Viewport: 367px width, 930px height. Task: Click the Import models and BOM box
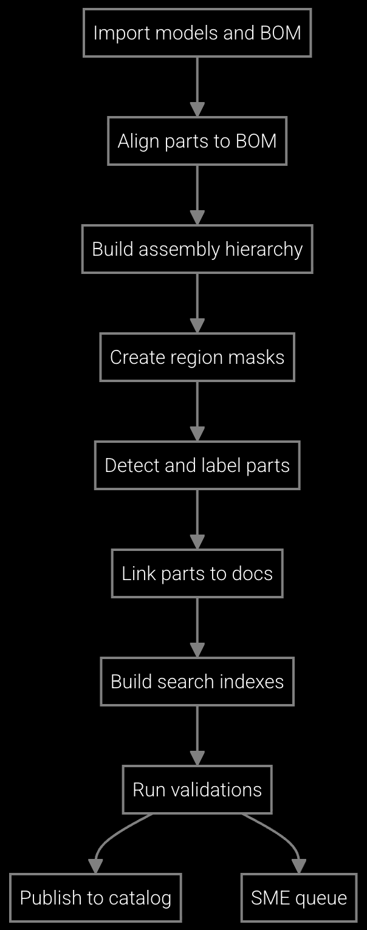pyautogui.click(x=197, y=33)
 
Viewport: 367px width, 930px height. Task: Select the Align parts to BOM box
pyautogui.click(x=197, y=141)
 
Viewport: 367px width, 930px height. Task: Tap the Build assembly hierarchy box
pyautogui.click(x=197, y=249)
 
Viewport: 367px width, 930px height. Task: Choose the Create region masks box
pyautogui.click(x=197, y=357)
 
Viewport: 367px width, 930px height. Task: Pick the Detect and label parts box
pyautogui.click(x=197, y=465)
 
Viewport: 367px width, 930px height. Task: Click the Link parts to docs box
pyautogui.click(x=197, y=573)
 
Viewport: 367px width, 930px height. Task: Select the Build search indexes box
pyautogui.click(x=197, y=682)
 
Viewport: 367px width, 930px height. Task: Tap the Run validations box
pyautogui.click(x=197, y=790)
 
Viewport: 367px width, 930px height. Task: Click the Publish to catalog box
pyautogui.click(x=95, y=898)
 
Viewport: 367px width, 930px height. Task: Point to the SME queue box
pyautogui.click(x=299, y=898)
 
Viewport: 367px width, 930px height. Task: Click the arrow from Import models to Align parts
pyautogui.click(x=197, y=85)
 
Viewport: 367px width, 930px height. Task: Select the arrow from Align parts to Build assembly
pyautogui.click(x=197, y=193)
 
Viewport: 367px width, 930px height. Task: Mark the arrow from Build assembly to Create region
pyautogui.click(x=197, y=301)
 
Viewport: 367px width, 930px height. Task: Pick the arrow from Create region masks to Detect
pyautogui.click(x=197, y=409)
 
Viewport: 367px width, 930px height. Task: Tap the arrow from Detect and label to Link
pyautogui.click(x=197, y=518)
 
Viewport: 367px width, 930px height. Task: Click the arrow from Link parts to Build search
pyautogui.click(x=197, y=626)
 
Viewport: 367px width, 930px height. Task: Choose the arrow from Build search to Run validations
pyautogui.click(x=197, y=734)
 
